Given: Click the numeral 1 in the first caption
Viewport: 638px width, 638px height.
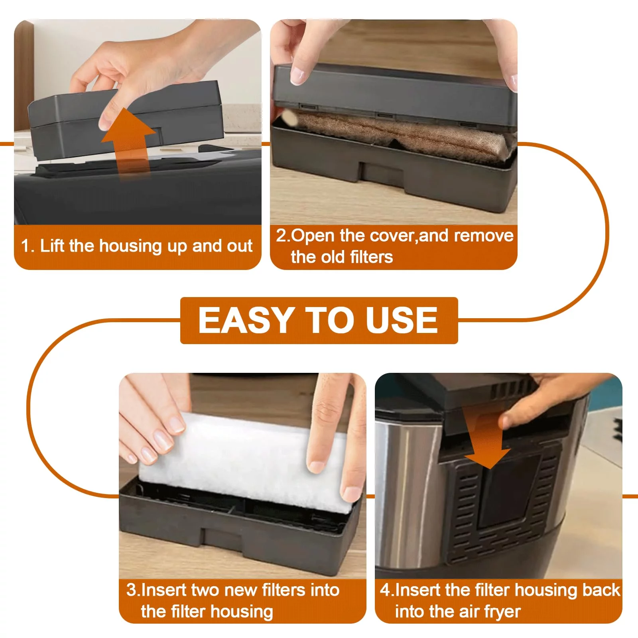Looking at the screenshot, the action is (x=26, y=246).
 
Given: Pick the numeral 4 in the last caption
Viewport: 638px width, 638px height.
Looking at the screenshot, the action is (x=385, y=590).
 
